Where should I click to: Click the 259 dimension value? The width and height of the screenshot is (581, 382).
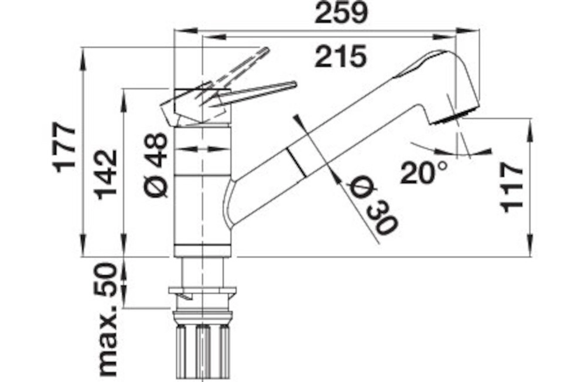coord(341,13)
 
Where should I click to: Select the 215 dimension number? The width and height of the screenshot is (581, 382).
coord(340,57)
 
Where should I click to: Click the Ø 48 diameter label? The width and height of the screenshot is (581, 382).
coord(156,165)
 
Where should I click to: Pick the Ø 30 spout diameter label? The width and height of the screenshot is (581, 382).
coord(373,207)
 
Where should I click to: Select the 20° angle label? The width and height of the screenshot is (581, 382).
coord(423,173)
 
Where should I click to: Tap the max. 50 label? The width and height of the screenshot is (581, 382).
coord(107,319)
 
